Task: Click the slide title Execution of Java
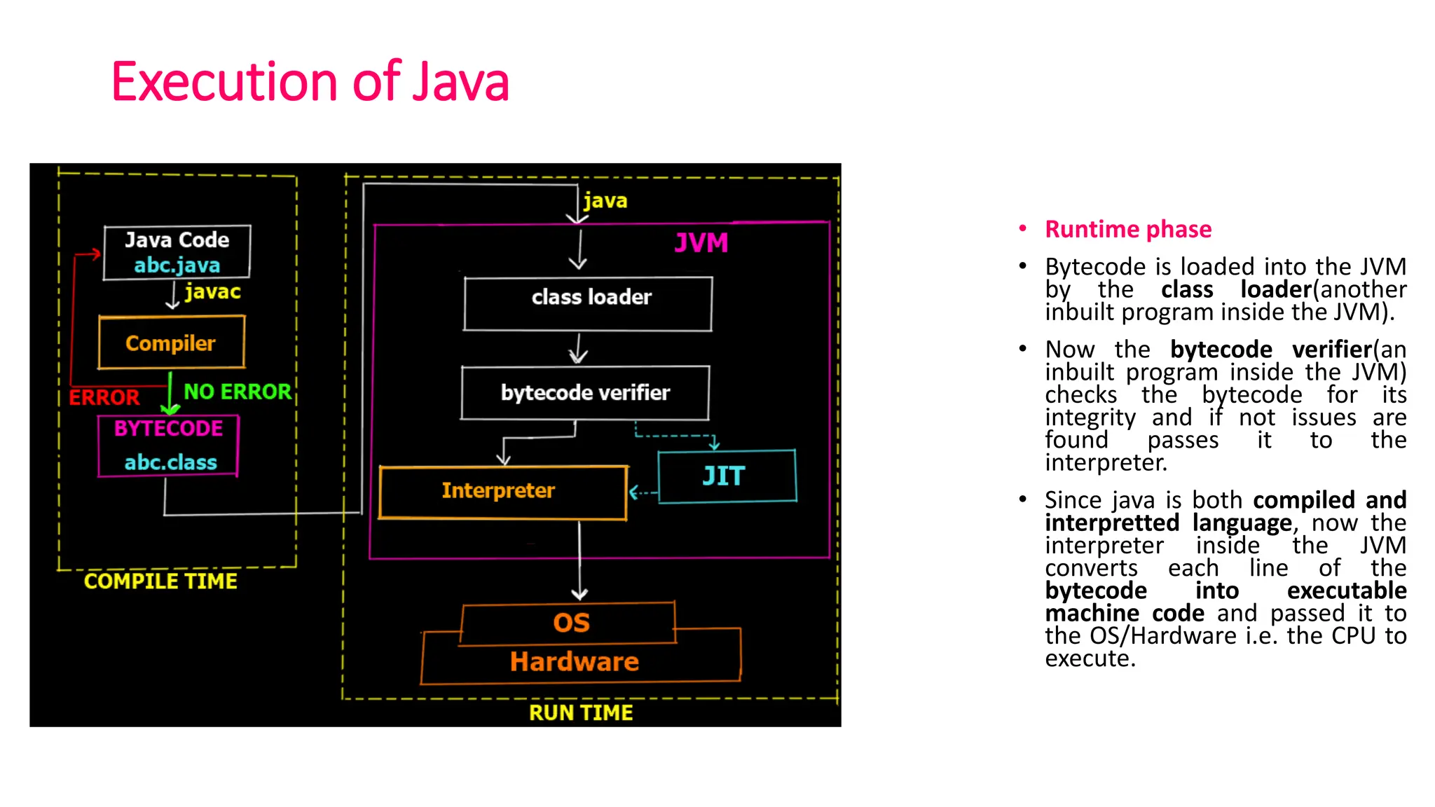pos(310,82)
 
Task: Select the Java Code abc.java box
pos(177,252)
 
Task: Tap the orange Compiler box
pos(171,343)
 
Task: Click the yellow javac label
pos(212,291)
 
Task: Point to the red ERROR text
pos(104,397)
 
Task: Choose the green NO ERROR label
pos(237,392)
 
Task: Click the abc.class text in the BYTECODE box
pos(170,462)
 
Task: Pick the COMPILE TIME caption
pos(160,581)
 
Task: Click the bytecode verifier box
pos(585,392)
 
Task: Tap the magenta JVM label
pos(701,243)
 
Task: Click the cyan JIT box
pos(727,476)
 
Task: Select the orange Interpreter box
pos(502,492)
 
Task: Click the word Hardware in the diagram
pos(575,662)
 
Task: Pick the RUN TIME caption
pos(581,712)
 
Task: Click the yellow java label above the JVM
pos(605,201)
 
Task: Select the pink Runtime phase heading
pos(1127,229)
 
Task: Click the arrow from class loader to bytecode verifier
pos(578,348)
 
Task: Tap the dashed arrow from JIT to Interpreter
pos(643,492)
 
